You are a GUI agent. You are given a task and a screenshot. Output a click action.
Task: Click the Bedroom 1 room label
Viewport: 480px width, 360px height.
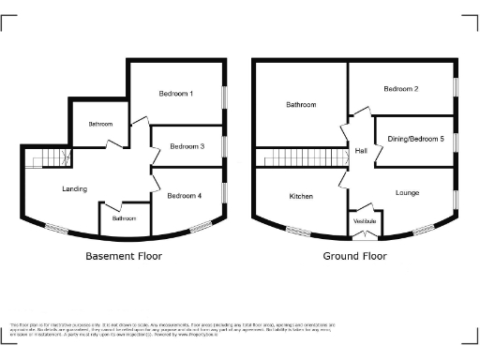pos(177,94)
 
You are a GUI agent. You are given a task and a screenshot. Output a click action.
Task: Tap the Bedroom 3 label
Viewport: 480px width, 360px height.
pos(188,146)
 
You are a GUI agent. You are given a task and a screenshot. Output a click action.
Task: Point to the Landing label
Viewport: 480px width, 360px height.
pos(74,188)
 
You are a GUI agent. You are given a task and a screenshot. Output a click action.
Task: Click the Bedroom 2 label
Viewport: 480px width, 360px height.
pos(400,88)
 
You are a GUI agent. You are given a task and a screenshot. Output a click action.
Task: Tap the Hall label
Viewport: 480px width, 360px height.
pos(361,151)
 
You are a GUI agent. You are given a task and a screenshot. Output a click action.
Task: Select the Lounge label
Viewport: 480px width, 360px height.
pos(407,193)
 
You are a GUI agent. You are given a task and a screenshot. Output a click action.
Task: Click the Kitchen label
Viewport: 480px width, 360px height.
pos(301,196)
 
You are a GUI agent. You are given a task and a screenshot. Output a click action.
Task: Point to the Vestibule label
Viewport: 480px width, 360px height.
pos(364,220)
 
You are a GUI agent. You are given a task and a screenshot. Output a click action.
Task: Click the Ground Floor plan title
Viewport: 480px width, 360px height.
pos(355,255)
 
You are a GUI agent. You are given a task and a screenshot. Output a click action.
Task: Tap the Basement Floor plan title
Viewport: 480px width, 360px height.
pos(124,255)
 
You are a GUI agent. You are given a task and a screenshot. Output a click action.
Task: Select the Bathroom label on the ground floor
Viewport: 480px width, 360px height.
pos(301,105)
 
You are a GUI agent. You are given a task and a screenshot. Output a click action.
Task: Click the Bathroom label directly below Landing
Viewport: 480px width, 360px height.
pos(124,218)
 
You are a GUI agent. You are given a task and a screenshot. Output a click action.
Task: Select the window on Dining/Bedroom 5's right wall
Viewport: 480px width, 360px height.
pos(457,139)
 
